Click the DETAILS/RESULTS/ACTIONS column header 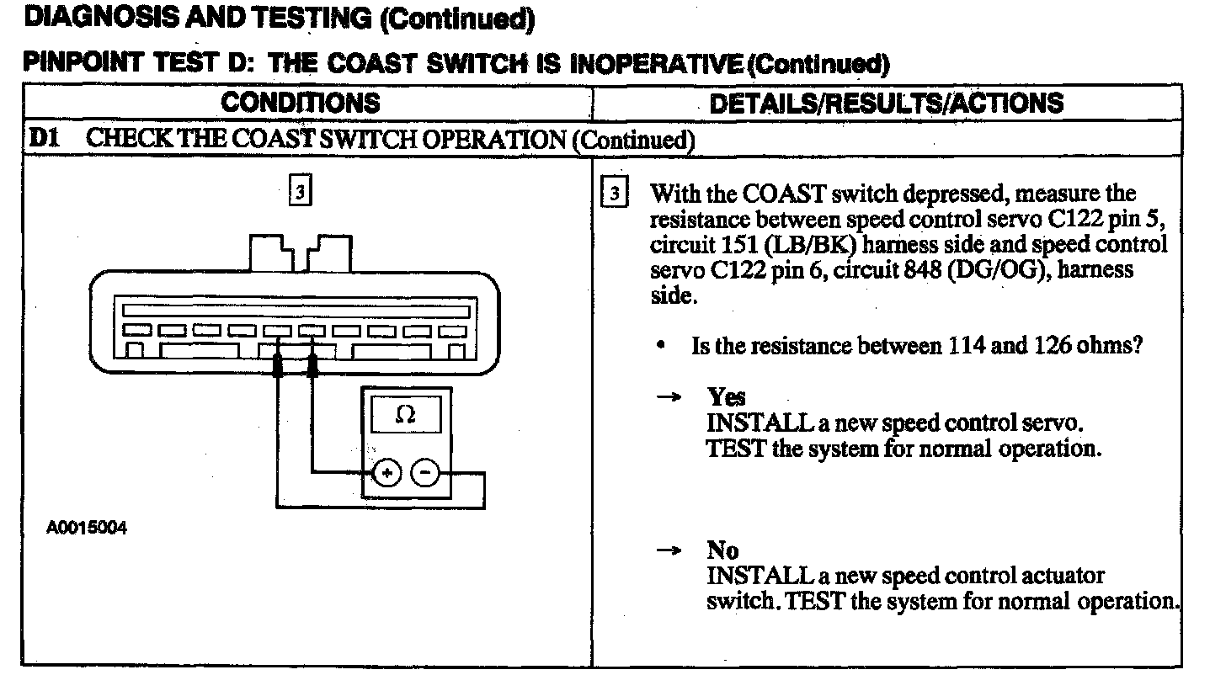pyautogui.click(x=887, y=103)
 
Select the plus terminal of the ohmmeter pyautogui.click(x=386, y=474)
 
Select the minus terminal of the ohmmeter pyautogui.click(x=424, y=474)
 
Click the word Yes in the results pyautogui.click(x=726, y=396)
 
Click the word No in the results pyautogui.click(x=722, y=550)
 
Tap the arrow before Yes pyautogui.click(x=669, y=397)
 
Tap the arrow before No pyautogui.click(x=669, y=550)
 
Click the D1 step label pyautogui.click(x=45, y=139)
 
